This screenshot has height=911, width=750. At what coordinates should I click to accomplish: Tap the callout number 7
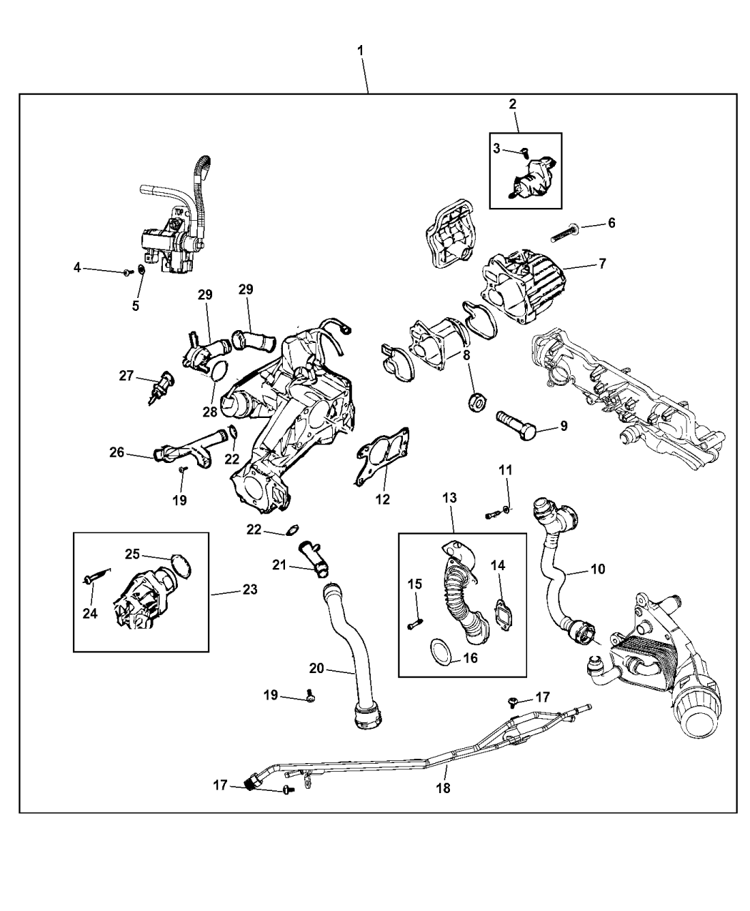(x=601, y=264)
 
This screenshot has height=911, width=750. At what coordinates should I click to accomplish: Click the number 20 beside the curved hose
(x=316, y=669)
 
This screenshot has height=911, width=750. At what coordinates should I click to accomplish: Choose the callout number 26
(x=117, y=452)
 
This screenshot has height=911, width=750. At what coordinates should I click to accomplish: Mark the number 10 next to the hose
(x=597, y=569)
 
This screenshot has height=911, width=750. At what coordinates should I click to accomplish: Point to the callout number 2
(x=513, y=104)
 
